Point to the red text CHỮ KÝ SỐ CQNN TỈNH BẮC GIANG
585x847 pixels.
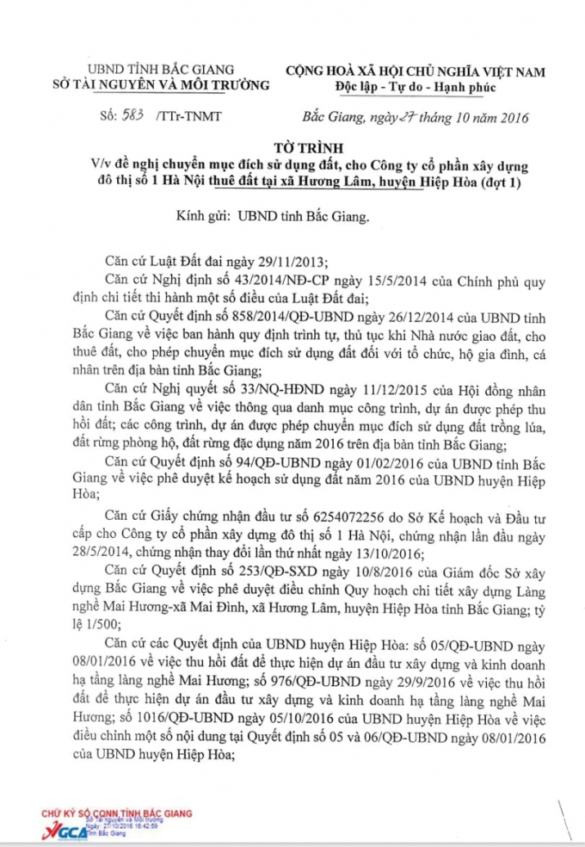click(117, 813)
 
